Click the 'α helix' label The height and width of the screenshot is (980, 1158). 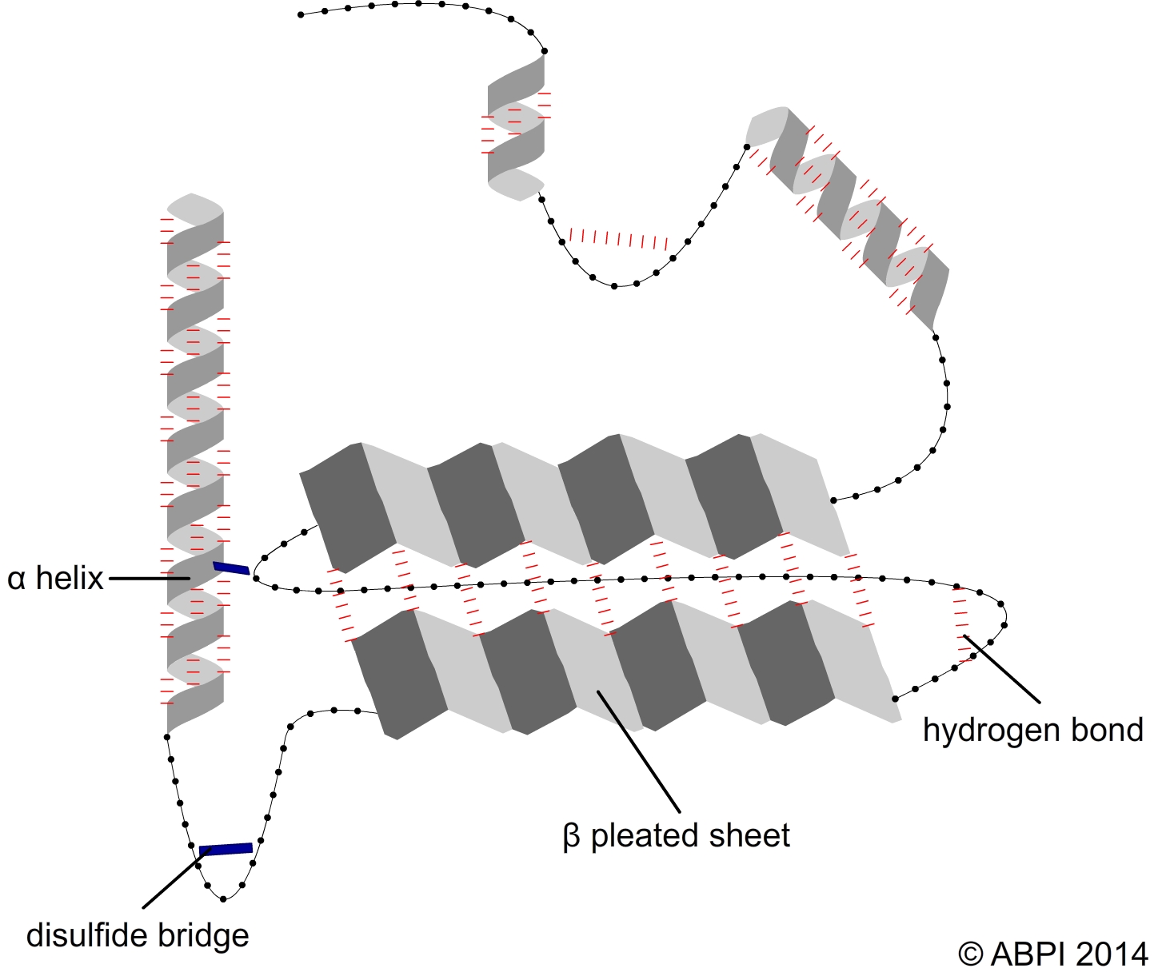[x=55, y=578]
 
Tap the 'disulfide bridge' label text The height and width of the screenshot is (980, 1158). [x=138, y=935]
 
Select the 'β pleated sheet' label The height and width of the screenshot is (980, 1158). [x=677, y=836]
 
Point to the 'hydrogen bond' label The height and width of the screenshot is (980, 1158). [x=1032, y=730]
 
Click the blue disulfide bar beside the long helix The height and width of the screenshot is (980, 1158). [x=231, y=568]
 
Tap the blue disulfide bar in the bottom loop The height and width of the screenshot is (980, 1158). [x=226, y=849]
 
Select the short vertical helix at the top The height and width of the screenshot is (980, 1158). [x=517, y=128]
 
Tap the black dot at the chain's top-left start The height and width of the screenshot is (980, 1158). [x=301, y=14]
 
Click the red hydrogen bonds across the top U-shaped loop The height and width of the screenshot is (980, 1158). [x=617, y=239]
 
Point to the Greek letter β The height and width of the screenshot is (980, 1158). [x=571, y=837]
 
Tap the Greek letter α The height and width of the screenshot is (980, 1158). [x=16, y=579]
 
